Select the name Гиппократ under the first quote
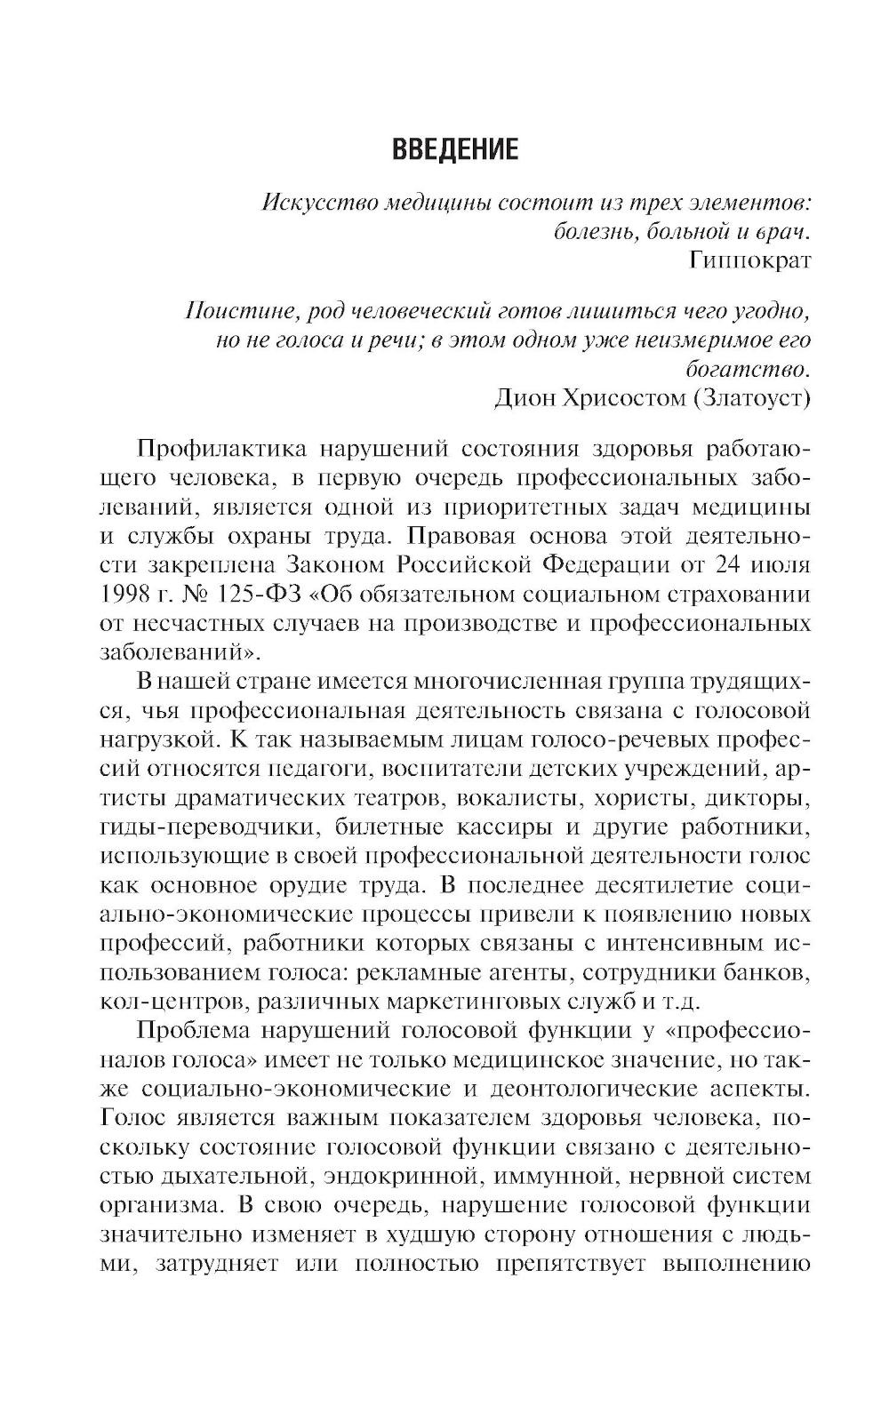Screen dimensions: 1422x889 pyautogui.click(x=750, y=260)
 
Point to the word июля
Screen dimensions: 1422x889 pyautogui.click(x=780, y=565)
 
